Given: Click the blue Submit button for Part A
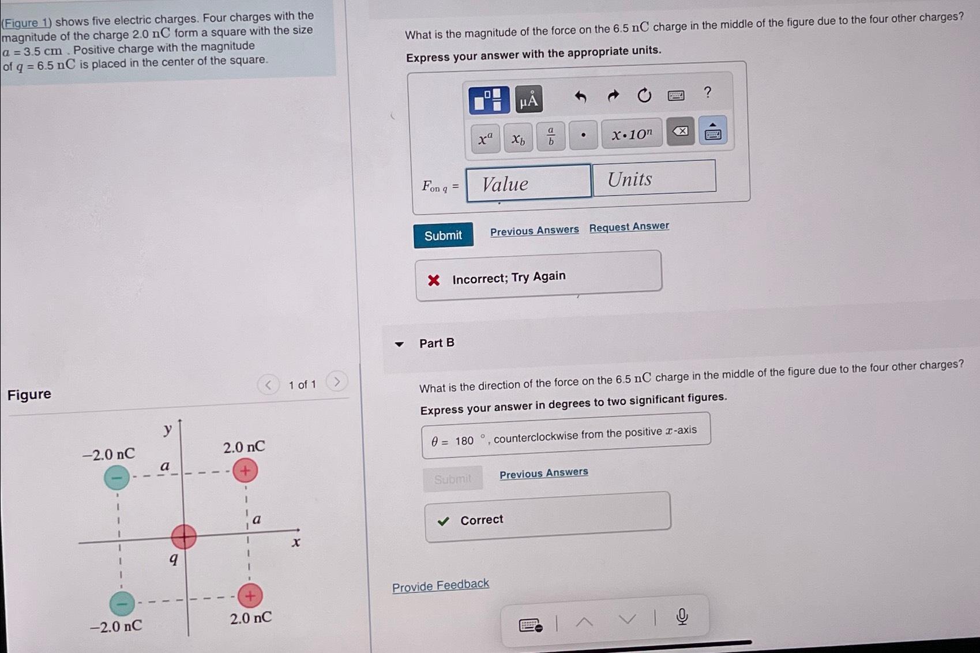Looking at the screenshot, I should [x=443, y=235].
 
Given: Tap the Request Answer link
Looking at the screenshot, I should [x=629, y=227].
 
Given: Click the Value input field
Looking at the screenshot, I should [x=528, y=183].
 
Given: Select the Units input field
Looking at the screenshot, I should [x=654, y=179].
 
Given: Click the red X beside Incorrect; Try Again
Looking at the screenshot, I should [x=434, y=280].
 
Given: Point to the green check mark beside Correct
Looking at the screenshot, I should [x=443, y=521].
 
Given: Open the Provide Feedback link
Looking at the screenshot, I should [x=441, y=586].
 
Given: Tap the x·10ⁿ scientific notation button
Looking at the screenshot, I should [x=632, y=134].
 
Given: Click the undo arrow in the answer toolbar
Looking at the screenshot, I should [x=580, y=97].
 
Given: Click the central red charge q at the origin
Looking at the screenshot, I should [x=183, y=536].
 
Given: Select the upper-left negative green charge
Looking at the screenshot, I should [x=117, y=478].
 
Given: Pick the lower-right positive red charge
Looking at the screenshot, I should [x=250, y=596].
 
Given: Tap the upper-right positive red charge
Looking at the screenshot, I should [x=245, y=471].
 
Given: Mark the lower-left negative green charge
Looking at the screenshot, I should [x=122, y=603].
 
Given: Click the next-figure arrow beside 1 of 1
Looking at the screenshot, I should [x=337, y=381].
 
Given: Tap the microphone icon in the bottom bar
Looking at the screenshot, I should [x=682, y=617].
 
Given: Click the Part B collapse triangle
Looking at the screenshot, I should [x=399, y=344].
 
